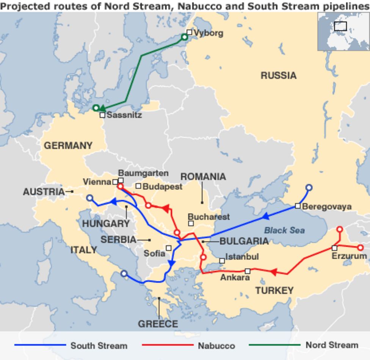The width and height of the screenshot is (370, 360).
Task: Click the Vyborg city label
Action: pyautogui.click(x=208, y=33)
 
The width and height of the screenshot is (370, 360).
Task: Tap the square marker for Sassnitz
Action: pyautogui.click(x=102, y=115)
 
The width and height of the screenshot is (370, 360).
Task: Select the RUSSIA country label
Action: pyautogui.click(x=278, y=76)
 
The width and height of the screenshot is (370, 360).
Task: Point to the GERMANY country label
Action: pyautogui.click(x=68, y=146)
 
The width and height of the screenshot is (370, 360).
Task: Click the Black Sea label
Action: pyautogui.click(x=284, y=230)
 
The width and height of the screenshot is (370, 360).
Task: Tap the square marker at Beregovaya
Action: pyautogui.click(x=298, y=206)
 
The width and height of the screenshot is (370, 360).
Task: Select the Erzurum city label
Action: pyautogui.click(x=349, y=256)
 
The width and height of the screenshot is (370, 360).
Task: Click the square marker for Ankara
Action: pyautogui.click(x=248, y=271)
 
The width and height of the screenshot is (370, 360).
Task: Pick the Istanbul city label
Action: pyautogui.click(x=242, y=257)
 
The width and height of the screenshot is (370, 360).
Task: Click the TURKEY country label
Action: pyautogui.click(x=274, y=291)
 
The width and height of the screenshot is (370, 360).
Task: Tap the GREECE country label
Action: pyautogui.click(x=158, y=324)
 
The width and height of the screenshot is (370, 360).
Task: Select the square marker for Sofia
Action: pyautogui.click(x=169, y=248)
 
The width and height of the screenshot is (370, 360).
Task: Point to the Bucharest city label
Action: pyautogui.click(x=209, y=217)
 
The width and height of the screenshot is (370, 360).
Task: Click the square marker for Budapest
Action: pyautogui.click(x=138, y=186)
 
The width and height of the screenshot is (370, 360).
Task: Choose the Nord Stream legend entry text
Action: pyautogui.click(x=332, y=345)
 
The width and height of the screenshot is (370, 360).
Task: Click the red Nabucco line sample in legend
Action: pyautogui.click(x=167, y=345)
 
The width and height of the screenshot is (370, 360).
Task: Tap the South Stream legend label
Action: pyautogui.click(x=99, y=346)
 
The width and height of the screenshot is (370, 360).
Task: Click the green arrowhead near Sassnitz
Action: pyautogui.click(x=102, y=108)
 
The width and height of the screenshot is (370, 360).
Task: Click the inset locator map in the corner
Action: pyautogui.click(x=343, y=31)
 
